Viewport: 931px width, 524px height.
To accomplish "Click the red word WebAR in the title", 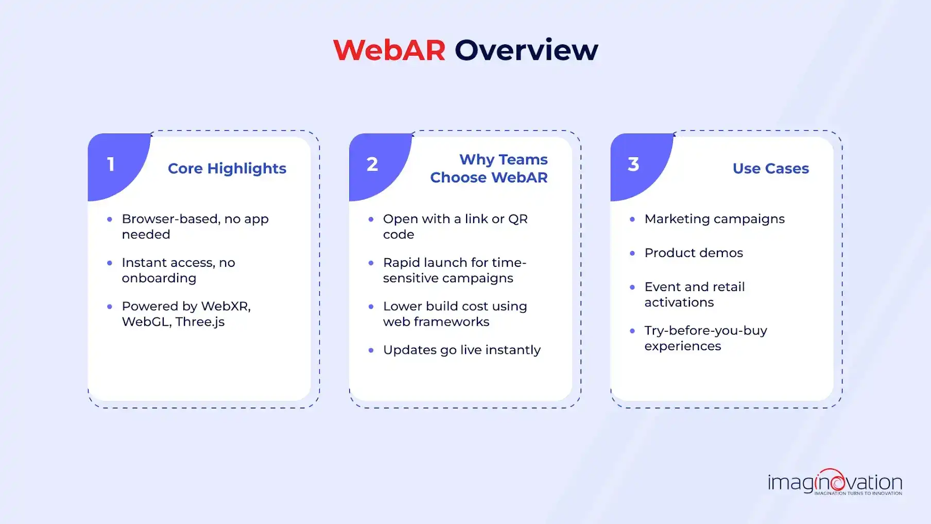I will (389, 50).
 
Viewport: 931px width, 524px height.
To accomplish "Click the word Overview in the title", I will (526, 50).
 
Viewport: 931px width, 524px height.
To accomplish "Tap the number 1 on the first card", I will (111, 164).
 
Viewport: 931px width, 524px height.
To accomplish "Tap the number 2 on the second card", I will (372, 164).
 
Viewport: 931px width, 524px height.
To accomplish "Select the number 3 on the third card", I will (633, 164).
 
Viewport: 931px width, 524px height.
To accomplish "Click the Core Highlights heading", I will (227, 168).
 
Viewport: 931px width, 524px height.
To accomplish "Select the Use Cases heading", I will (770, 168).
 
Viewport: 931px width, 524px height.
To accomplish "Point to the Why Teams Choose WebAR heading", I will (489, 168).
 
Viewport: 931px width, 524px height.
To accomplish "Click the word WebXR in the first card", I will (225, 306).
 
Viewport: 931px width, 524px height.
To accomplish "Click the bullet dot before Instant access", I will (110, 263).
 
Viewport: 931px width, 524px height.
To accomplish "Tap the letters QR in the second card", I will (518, 219).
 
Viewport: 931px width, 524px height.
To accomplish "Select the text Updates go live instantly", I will (461, 350).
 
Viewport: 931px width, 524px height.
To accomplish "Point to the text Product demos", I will (693, 253).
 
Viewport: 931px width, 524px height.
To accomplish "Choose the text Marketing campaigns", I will (714, 219).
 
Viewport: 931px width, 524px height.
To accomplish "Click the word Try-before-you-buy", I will (705, 331).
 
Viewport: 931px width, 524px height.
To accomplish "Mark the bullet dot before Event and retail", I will (632, 287).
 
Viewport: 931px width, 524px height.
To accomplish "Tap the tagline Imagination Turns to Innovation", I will (858, 494).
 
